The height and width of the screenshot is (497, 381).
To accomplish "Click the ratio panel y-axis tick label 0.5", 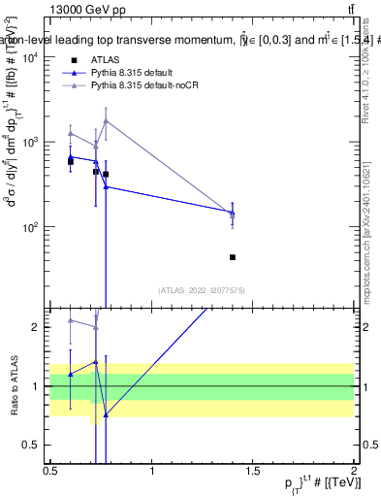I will point(31,445).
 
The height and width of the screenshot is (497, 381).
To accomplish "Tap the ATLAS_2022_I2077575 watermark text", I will point(202,289).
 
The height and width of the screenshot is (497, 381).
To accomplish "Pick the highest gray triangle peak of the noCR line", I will point(106,120).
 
